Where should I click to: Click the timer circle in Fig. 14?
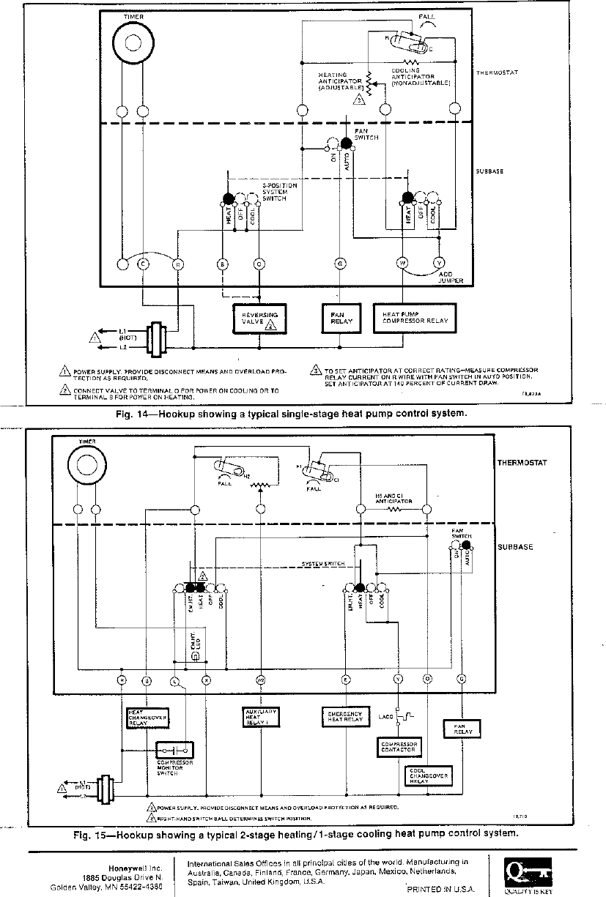click(x=133, y=41)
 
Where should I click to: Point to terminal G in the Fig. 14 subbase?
click(x=340, y=263)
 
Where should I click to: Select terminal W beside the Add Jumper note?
click(x=402, y=263)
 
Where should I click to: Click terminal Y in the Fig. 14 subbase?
click(x=439, y=263)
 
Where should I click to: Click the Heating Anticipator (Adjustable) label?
click(x=338, y=81)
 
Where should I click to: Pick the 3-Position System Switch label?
click(x=280, y=192)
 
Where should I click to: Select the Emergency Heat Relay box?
click(x=344, y=715)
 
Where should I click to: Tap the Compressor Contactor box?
click(x=399, y=746)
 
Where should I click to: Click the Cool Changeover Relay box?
click(x=429, y=775)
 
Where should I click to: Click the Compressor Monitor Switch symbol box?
click(x=175, y=750)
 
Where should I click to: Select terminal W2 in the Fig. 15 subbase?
click(x=260, y=680)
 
